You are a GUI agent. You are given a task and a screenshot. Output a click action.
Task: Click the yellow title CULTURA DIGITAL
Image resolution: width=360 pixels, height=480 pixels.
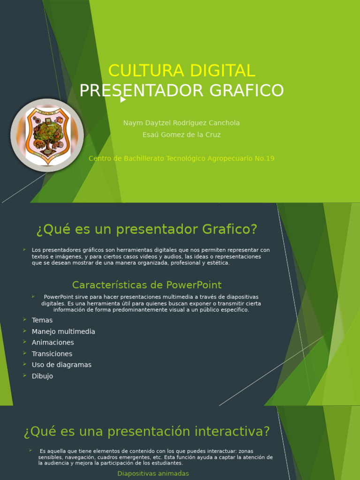(181, 71)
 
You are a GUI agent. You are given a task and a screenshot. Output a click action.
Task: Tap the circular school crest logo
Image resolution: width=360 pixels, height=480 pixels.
(47, 135)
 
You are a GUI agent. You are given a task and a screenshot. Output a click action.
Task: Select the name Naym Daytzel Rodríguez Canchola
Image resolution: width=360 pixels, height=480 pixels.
(181, 123)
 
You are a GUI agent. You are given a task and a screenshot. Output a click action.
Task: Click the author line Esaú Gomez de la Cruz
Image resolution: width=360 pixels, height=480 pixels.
(181, 135)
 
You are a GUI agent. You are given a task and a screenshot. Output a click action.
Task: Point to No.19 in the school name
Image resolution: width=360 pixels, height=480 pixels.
(264, 158)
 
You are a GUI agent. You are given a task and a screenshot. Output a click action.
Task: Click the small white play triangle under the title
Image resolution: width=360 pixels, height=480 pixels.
(123, 99)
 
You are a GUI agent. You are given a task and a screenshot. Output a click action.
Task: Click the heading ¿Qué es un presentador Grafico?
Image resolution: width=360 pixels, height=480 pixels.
(147, 230)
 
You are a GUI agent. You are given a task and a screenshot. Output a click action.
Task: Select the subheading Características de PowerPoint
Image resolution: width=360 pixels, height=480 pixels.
(147, 285)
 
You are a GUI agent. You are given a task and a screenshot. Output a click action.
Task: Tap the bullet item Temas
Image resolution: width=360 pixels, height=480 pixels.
(42, 320)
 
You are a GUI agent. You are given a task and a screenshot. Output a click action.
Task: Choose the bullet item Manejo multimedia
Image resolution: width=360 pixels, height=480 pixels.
(63, 331)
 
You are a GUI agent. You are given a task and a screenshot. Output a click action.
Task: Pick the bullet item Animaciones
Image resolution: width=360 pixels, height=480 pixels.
(53, 343)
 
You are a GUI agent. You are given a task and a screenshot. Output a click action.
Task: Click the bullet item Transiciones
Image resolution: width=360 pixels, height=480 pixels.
(52, 354)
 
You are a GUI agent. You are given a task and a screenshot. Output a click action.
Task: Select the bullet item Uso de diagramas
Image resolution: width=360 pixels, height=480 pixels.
(61, 365)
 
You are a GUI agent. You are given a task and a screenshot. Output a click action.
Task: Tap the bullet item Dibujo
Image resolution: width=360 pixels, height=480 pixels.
(42, 376)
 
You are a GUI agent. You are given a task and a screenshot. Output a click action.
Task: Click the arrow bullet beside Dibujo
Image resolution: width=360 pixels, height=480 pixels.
(24, 375)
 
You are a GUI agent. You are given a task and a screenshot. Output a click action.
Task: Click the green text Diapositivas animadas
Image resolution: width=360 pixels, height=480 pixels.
(153, 473)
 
